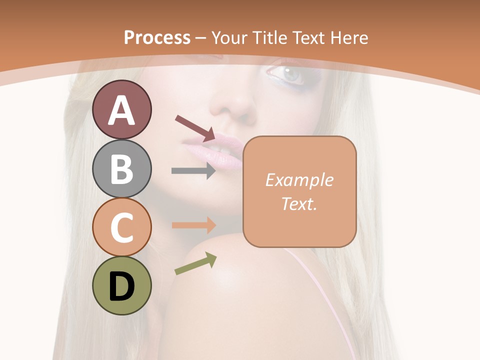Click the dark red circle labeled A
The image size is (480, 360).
tap(121, 109)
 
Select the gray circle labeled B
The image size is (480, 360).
tap(121, 168)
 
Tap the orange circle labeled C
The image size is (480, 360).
tap(121, 227)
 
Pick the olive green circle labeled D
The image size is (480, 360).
tap(121, 286)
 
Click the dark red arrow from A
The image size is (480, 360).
tap(195, 127)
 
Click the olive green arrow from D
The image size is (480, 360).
tap(195, 263)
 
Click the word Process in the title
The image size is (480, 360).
tap(157, 38)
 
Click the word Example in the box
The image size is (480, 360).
tap(299, 180)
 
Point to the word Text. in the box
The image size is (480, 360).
tap(299, 204)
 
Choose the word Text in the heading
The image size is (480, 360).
tap(307, 38)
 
